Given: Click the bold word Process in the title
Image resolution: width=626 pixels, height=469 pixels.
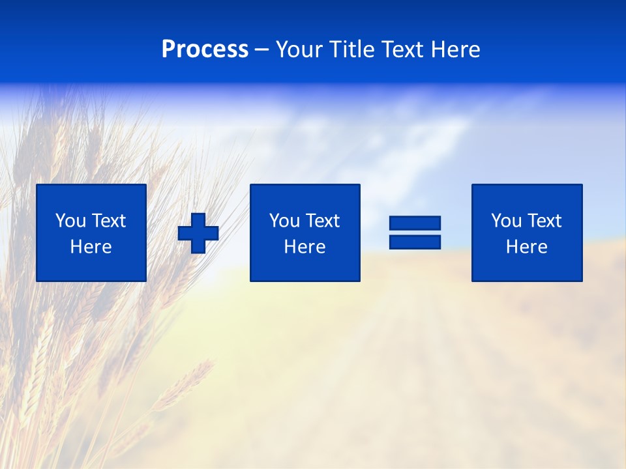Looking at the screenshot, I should (x=205, y=50).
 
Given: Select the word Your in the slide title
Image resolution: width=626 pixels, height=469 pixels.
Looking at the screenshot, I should (x=297, y=50).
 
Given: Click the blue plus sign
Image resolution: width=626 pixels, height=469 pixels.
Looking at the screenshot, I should (x=198, y=233).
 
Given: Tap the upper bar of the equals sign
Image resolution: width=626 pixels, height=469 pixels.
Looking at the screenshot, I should (x=415, y=223).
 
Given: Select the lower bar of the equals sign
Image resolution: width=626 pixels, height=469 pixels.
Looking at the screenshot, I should (x=415, y=242).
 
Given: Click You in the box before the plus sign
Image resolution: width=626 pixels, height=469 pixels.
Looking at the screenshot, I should (x=70, y=221).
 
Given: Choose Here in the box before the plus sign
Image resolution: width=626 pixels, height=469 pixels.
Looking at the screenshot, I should (x=91, y=247).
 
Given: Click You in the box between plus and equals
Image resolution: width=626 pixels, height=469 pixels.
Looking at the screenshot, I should (x=284, y=221).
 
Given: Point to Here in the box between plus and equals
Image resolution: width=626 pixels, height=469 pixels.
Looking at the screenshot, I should (x=305, y=247).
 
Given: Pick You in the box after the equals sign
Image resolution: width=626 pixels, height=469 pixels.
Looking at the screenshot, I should (x=505, y=221).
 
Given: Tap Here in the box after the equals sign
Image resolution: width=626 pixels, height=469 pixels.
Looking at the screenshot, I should (x=526, y=247).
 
